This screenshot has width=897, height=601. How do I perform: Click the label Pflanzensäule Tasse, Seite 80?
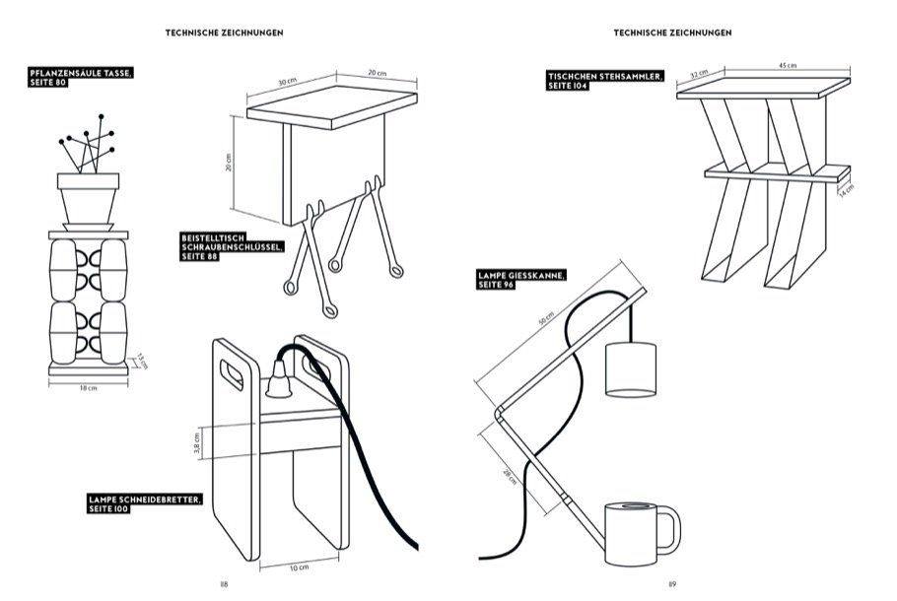[82, 78]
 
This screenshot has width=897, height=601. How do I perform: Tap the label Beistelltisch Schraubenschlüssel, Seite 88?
[232, 246]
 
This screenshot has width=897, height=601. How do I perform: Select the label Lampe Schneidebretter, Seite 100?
[144, 503]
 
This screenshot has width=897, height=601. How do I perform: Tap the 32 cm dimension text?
[699, 73]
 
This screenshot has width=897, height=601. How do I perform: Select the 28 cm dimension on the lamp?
[509, 475]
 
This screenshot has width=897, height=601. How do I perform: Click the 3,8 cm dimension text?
[197, 442]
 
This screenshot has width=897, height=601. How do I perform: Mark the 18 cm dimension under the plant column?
[88, 387]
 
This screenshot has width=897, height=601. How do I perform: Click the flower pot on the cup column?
[88, 196]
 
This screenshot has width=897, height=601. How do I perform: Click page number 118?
[224, 583]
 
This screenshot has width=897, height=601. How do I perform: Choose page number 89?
[672, 583]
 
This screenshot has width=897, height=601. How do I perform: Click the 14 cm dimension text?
[847, 189]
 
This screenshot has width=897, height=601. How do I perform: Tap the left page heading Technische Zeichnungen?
[225, 33]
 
